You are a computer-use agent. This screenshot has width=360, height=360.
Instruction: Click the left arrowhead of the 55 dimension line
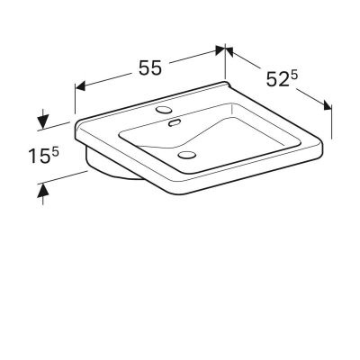[78, 87]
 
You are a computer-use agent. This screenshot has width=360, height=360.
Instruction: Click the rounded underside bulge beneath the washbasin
[112, 173]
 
